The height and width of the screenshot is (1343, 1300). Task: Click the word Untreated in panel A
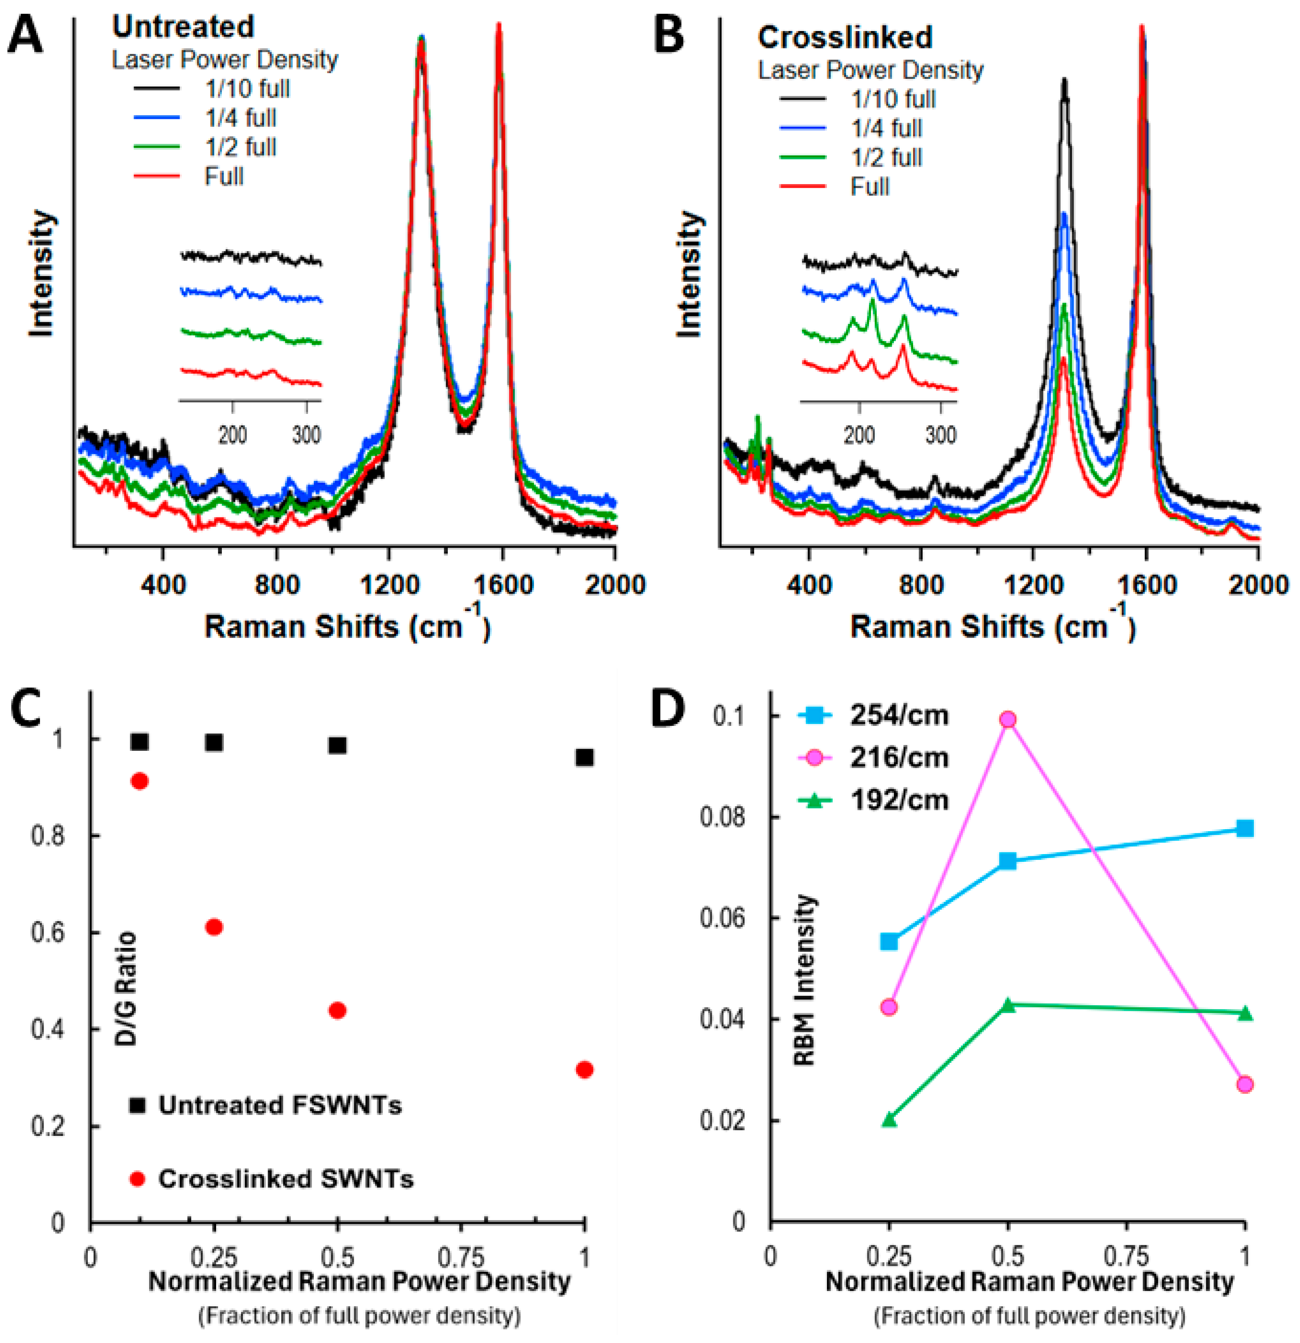click(x=183, y=27)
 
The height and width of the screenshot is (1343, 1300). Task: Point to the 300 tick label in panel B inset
click(x=940, y=435)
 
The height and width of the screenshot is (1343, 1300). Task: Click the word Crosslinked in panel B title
click(x=844, y=37)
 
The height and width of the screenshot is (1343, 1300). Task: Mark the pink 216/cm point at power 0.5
click(x=1007, y=719)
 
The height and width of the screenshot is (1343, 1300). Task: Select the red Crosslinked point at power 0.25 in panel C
click(x=214, y=927)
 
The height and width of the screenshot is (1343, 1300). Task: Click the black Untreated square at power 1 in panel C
click(x=584, y=757)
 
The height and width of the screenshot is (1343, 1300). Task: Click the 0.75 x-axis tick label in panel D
click(x=1126, y=1257)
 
